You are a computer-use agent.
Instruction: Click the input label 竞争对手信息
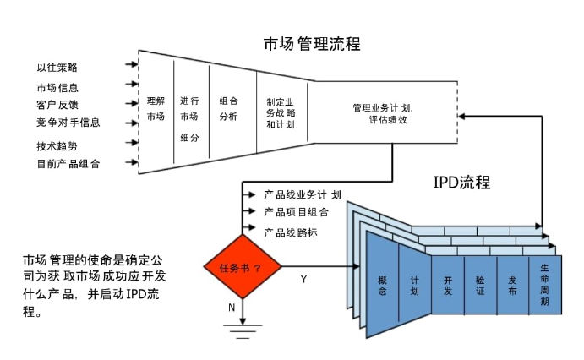tap(68, 123)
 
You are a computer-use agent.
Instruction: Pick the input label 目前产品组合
tap(68, 163)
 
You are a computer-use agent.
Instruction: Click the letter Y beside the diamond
tap(303, 277)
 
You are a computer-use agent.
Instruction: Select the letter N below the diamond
tap(232, 308)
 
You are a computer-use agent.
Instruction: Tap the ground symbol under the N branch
tap(242, 330)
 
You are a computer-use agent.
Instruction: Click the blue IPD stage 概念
tap(382, 284)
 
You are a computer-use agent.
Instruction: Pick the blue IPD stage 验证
tap(480, 284)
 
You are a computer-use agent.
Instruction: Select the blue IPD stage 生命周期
tap(545, 284)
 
